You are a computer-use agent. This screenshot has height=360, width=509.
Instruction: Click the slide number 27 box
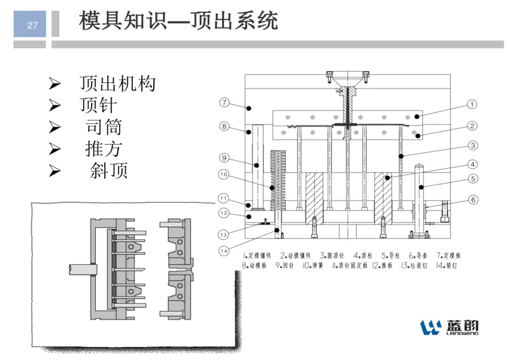(x=30, y=24)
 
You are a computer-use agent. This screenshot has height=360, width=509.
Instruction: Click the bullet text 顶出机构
(x=117, y=83)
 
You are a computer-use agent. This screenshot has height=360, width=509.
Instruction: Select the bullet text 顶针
(x=98, y=105)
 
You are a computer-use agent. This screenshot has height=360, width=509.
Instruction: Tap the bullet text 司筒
(x=104, y=127)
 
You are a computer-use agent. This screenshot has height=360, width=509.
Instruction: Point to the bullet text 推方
(x=104, y=149)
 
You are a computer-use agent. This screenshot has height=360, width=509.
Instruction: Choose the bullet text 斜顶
(x=109, y=171)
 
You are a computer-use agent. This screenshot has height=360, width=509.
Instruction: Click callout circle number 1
(x=472, y=105)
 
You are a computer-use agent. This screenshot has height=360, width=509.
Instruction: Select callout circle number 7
(x=224, y=103)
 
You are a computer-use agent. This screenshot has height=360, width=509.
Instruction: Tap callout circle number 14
(x=224, y=251)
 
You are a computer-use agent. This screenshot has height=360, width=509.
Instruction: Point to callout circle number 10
(x=223, y=174)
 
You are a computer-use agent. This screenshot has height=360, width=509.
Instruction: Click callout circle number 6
(x=473, y=200)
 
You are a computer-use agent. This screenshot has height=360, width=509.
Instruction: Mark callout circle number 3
(x=473, y=146)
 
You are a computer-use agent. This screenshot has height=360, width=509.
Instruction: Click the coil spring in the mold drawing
(x=278, y=180)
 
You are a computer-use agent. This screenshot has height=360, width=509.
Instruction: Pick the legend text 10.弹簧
(x=313, y=266)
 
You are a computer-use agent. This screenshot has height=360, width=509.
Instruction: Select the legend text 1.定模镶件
(x=257, y=255)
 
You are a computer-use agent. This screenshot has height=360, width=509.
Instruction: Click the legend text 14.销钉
(x=446, y=266)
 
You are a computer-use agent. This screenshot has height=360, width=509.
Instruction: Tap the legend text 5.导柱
(x=391, y=255)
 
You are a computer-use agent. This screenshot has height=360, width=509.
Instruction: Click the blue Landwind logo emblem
(x=431, y=327)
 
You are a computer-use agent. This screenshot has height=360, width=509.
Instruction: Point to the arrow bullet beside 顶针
(x=55, y=106)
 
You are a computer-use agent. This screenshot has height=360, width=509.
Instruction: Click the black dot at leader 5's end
(x=421, y=188)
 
